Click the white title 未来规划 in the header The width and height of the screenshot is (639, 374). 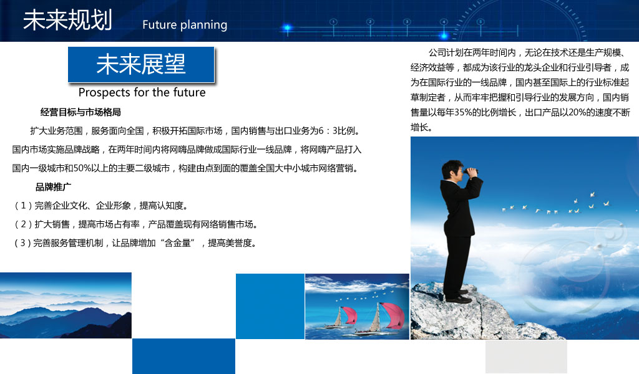coord(67,20)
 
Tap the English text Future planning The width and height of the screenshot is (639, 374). coord(185,25)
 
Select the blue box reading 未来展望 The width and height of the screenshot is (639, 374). coord(141,65)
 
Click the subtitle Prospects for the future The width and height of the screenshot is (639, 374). coord(142,92)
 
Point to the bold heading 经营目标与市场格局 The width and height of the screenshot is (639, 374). coord(80,112)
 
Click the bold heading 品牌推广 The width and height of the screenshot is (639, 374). coord(54,187)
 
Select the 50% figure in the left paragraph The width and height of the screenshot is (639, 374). coord(82,168)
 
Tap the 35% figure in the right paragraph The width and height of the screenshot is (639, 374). coord(464,112)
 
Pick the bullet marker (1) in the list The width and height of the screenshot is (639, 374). coord(23,206)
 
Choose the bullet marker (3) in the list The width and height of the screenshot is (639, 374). coord(23,243)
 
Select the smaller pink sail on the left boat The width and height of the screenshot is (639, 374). coord(349,316)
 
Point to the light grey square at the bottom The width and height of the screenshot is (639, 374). coord(526,357)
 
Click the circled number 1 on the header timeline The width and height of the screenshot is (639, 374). coord(333,22)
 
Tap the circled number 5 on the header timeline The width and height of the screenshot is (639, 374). coord(480,22)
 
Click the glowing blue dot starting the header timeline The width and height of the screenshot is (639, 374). coord(287,28)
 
